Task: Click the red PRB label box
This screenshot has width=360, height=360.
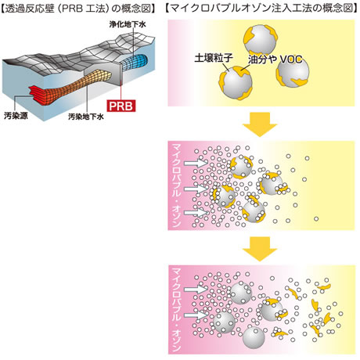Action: [x=121, y=106]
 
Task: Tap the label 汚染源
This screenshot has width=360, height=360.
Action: [x=16, y=116]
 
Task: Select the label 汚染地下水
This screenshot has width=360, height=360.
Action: [x=86, y=117]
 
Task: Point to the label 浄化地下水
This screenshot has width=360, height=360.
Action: [x=128, y=24]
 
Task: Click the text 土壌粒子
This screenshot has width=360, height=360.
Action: [x=214, y=58]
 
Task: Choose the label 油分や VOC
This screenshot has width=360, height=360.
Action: [x=275, y=59]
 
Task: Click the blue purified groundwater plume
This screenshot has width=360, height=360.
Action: [x=135, y=63]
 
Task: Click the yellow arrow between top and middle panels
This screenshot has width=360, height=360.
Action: [x=259, y=124]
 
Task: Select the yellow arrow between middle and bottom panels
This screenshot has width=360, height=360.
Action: [x=259, y=249]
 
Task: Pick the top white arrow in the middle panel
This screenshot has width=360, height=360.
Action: [x=195, y=164]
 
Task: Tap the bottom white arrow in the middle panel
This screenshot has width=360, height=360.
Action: [x=195, y=213]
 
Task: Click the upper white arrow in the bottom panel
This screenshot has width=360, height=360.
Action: [x=195, y=290]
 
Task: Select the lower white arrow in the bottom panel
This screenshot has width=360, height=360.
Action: [x=195, y=315]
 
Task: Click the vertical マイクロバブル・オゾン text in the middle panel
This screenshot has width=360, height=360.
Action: [x=176, y=185]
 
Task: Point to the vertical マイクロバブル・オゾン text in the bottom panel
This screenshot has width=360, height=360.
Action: [x=176, y=310]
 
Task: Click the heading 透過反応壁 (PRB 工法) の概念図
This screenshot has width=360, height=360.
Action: [x=77, y=9]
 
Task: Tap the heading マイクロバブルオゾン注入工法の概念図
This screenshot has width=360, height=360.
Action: [x=261, y=9]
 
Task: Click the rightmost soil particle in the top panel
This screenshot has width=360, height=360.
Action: [x=293, y=73]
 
